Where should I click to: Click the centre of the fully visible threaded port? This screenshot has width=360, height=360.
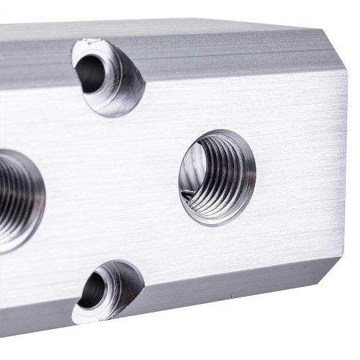[217, 177]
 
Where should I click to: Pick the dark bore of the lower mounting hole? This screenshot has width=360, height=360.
[91, 290]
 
